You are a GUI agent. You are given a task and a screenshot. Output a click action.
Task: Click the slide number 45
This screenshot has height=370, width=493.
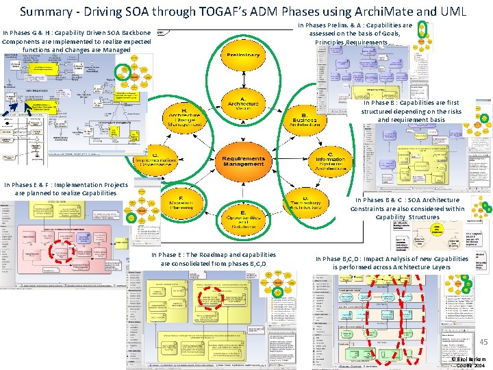(483, 342)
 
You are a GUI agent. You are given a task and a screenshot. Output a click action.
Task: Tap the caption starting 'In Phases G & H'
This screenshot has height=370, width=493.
(77, 41)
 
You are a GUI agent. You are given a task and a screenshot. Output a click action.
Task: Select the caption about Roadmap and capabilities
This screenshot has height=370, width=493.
(214, 259)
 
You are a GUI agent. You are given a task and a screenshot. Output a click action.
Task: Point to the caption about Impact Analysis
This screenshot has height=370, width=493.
(392, 262)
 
